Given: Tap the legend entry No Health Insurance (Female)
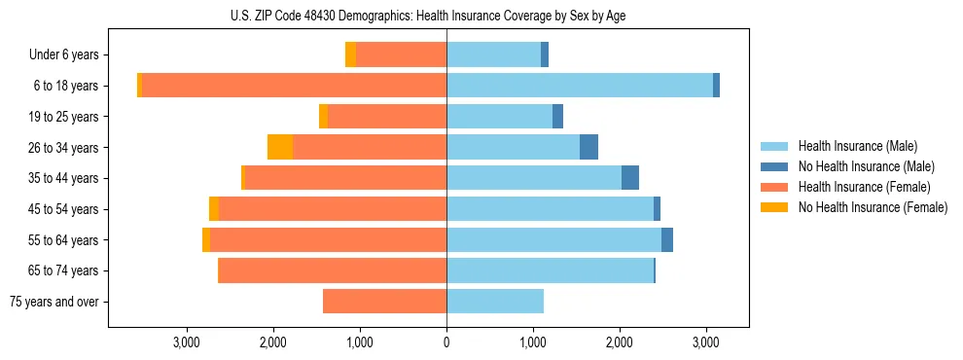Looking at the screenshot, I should [x=873, y=207].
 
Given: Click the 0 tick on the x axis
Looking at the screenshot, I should [x=446, y=342].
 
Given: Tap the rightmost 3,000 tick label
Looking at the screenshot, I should [x=706, y=342].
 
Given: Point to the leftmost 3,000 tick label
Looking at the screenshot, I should [x=187, y=342].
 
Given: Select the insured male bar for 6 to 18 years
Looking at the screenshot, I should [x=580, y=86].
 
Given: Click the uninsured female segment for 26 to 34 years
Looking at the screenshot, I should [x=280, y=147].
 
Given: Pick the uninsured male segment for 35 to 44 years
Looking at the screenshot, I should [x=630, y=178].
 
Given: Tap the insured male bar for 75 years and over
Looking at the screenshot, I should [x=495, y=302].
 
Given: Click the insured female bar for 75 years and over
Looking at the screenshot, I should [x=384, y=302].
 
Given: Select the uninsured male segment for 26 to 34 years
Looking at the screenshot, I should [x=588, y=147].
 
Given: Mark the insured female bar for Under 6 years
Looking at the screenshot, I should [x=401, y=54].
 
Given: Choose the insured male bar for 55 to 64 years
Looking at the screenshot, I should [x=553, y=239].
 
